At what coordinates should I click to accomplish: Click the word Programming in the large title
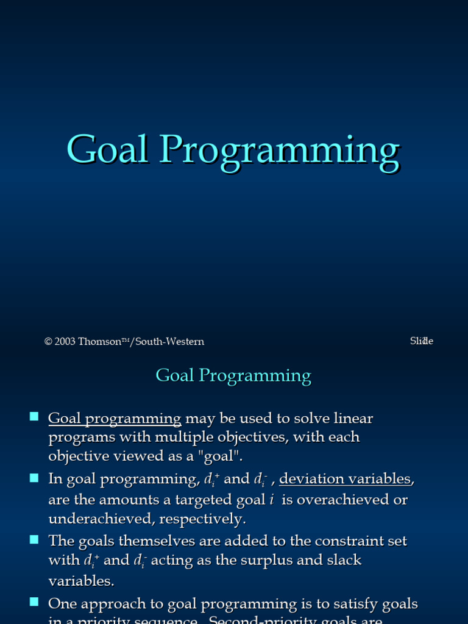click(280, 150)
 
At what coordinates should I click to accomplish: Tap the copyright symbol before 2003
click(48, 342)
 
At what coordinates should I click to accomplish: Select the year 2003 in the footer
click(65, 342)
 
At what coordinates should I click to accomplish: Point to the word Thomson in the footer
click(99, 342)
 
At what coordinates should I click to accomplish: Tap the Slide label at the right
click(421, 341)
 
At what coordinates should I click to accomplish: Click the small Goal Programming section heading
click(233, 375)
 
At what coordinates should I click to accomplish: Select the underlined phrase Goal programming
click(115, 419)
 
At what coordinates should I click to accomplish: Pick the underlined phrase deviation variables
click(345, 479)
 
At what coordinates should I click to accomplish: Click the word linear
click(352, 419)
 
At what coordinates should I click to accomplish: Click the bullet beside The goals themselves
click(34, 539)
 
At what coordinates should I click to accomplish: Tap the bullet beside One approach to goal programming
click(34, 602)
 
